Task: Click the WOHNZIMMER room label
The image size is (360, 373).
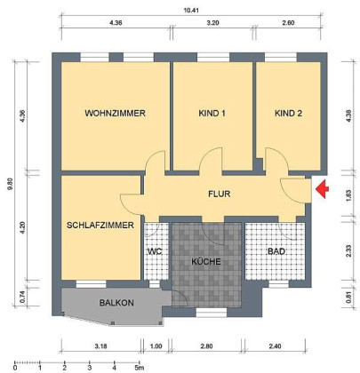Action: pos(115,114)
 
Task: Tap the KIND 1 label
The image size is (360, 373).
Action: pos(212,114)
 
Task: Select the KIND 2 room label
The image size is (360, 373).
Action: pos(288,114)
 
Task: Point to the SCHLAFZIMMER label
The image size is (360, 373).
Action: pos(100,226)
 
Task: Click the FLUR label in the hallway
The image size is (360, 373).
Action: pos(220,194)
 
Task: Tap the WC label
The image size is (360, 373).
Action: pos(155,252)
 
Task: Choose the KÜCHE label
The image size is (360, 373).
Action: pos(206,262)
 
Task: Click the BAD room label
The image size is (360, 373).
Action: pos(276,252)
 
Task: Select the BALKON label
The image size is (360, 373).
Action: pos(116,303)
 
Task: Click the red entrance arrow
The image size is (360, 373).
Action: pos(323,188)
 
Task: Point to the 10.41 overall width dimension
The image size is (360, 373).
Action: pos(191,11)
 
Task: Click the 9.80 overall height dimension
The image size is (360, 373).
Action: pos(12,185)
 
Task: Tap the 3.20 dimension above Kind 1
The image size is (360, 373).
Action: pos(212,23)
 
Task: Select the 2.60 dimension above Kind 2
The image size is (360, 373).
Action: pos(288,23)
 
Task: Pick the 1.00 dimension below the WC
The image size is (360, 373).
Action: pos(156,346)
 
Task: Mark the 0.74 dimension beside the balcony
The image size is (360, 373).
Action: pos(22,298)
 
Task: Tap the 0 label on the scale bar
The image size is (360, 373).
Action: pos(15,368)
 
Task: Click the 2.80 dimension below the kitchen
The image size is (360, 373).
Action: pos(206,346)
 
